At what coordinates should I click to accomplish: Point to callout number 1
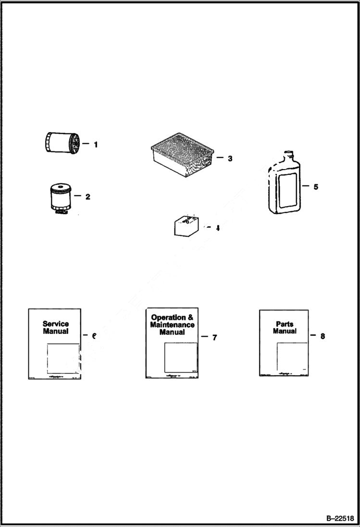click(96, 144)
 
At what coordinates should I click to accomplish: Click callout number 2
click(88, 196)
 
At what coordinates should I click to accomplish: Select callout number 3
click(230, 158)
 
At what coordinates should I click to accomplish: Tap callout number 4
click(217, 228)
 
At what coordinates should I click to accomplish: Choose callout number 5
click(316, 187)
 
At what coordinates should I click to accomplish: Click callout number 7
click(214, 338)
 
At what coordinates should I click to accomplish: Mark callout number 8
click(323, 336)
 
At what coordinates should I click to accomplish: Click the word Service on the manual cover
click(56, 324)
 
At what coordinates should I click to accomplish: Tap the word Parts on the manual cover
click(285, 324)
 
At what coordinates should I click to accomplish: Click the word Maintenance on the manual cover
click(172, 325)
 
